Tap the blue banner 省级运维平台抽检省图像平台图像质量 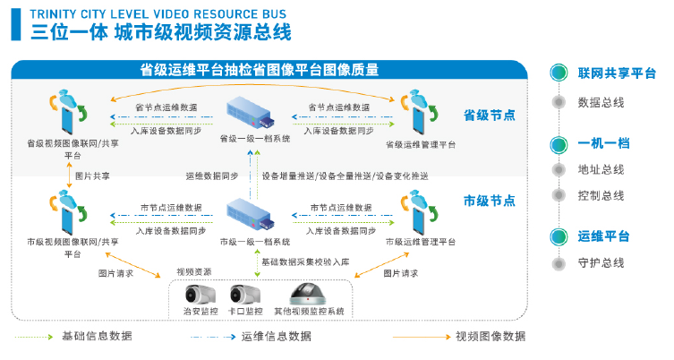click(x=260, y=70)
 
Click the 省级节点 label click(x=489, y=116)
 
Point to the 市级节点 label click(x=489, y=199)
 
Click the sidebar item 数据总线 click(x=601, y=102)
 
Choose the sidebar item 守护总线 click(x=601, y=263)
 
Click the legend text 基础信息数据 click(x=97, y=337)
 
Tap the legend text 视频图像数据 click(x=491, y=337)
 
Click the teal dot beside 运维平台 click(x=559, y=236)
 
